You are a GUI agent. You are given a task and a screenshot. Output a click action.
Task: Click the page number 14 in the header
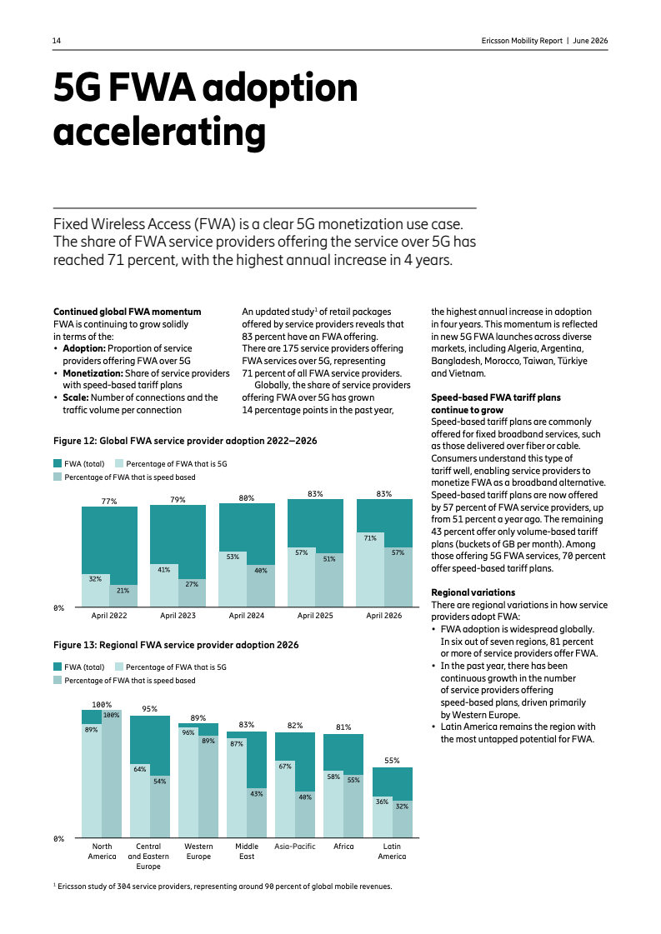[x=57, y=41]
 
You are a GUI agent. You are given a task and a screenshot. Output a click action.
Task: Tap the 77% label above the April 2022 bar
[x=109, y=502]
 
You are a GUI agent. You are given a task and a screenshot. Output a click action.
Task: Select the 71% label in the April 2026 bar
[x=370, y=538]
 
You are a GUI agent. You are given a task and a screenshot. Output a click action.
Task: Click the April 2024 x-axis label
[x=246, y=616]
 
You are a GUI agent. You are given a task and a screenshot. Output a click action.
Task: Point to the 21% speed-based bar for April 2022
[x=123, y=596]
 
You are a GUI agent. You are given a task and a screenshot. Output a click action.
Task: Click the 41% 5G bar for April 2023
[x=164, y=586]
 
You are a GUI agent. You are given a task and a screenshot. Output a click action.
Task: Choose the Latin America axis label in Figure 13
[x=392, y=852]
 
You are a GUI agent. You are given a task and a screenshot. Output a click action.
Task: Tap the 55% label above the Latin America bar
[x=392, y=761]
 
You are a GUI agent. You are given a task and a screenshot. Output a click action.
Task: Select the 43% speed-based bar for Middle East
[x=256, y=813]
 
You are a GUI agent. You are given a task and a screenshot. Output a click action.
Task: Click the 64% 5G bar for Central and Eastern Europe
[x=140, y=801]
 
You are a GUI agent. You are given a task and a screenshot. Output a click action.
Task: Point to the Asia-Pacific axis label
[x=295, y=846]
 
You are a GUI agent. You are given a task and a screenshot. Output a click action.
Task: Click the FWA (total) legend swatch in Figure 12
[x=58, y=463]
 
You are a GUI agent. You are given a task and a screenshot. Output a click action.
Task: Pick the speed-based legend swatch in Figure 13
[x=58, y=680]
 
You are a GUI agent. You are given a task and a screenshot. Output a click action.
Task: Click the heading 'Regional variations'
[x=473, y=592]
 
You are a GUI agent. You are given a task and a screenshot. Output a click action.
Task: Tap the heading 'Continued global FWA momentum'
[x=127, y=312]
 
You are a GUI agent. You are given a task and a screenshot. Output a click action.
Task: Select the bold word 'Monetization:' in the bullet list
[x=93, y=373]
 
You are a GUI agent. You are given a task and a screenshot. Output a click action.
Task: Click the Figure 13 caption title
[x=176, y=645]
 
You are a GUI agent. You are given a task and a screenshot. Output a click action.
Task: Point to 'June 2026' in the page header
[x=590, y=41]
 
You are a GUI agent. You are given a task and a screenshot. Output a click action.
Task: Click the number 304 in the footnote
[x=123, y=887]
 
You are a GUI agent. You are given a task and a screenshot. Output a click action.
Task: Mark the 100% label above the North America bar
[x=102, y=705]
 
